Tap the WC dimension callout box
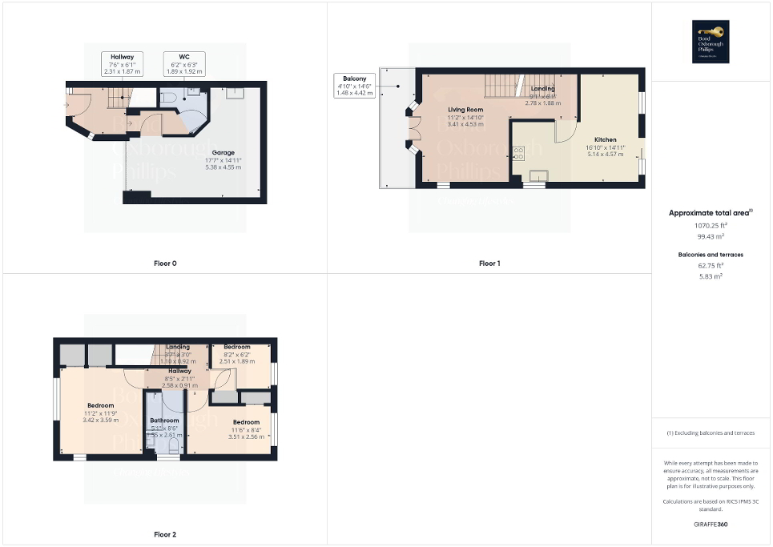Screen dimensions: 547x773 tap(183, 64)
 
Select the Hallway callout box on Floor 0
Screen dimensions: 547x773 tap(122, 64)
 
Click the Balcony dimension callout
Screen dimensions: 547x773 tap(352, 85)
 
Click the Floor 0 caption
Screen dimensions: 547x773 tap(165, 263)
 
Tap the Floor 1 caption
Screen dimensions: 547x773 tap(489, 263)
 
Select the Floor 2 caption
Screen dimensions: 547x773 tap(165, 533)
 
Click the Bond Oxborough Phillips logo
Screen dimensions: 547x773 tap(711, 40)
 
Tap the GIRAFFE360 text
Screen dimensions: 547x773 tap(711, 524)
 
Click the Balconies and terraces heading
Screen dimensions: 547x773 tap(711, 255)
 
